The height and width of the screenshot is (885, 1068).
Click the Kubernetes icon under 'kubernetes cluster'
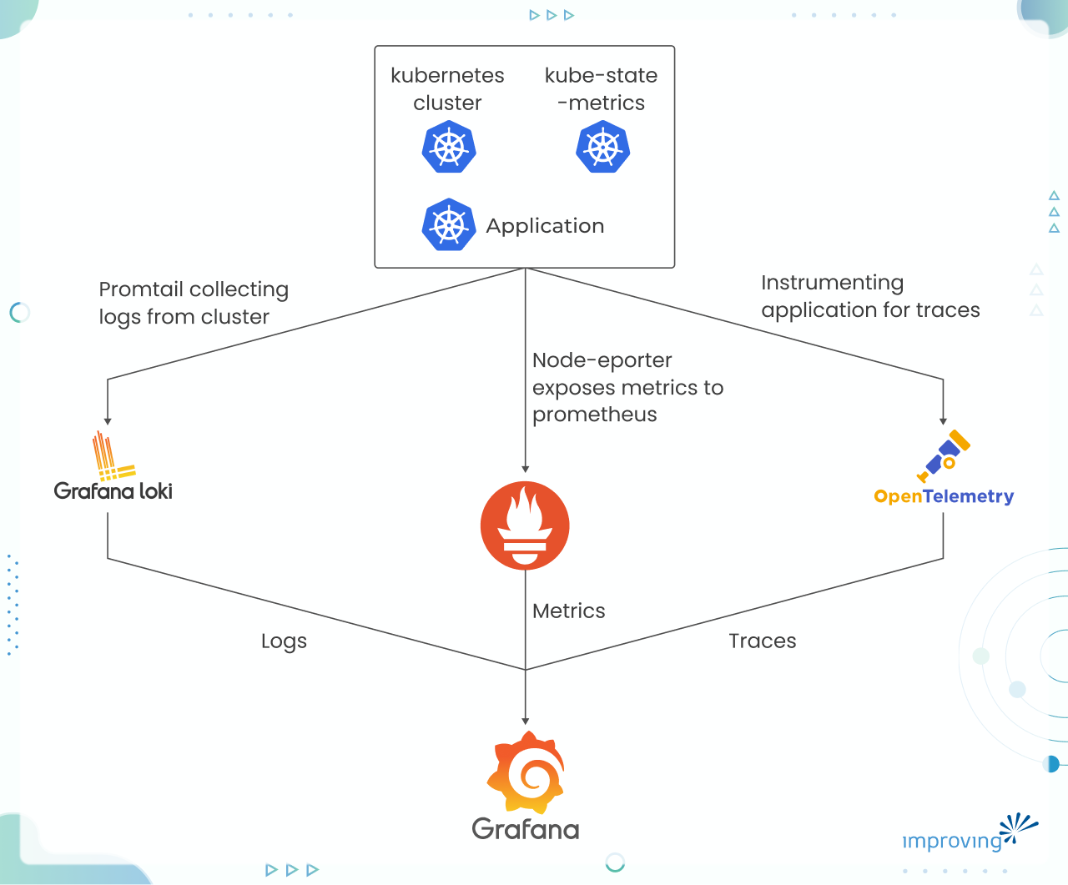pyautogui.click(x=449, y=148)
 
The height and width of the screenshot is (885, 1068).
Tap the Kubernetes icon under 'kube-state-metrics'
pyautogui.click(x=602, y=148)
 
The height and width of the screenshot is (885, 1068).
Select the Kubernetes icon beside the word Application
pyautogui.click(x=449, y=225)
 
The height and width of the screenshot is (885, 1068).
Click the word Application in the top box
pyautogui.click(x=545, y=226)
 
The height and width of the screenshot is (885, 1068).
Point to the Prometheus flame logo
pyautogui.click(x=525, y=525)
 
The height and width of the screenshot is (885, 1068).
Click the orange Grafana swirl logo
pyautogui.click(x=526, y=772)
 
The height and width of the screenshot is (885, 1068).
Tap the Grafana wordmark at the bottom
pyautogui.click(x=526, y=829)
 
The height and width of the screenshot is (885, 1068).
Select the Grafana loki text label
pyautogui.click(x=113, y=490)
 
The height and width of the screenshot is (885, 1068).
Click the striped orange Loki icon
pyautogui.click(x=112, y=456)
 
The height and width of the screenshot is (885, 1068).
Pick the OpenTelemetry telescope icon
pyautogui.click(x=944, y=455)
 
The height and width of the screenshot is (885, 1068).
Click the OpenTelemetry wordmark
pyautogui.click(x=944, y=496)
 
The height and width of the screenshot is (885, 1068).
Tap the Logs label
pyautogui.click(x=284, y=641)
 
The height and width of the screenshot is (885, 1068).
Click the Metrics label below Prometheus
pyautogui.click(x=569, y=611)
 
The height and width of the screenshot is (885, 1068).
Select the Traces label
pyautogui.click(x=763, y=641)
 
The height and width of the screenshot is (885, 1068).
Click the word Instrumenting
pyautogui.click(x=832, y=283)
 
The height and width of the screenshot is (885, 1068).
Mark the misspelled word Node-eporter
pyautogui.click(x=602, y=360)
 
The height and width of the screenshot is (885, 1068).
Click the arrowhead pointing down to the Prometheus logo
pyautogui.click(x=525, y=469)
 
